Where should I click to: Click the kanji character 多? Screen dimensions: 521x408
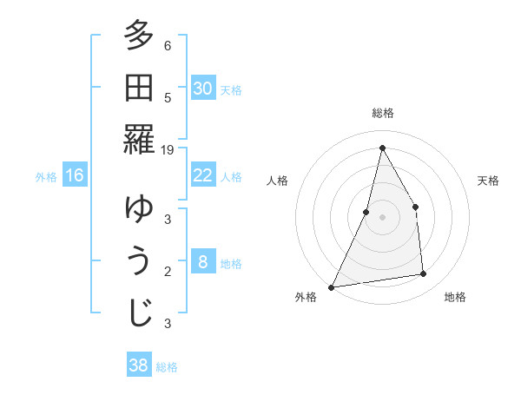[139, 37]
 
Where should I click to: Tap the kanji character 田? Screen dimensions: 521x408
[139, 88]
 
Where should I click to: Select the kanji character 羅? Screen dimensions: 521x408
[139, 139]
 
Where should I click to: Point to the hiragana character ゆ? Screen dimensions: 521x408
[139, 209]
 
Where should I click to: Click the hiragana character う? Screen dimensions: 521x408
[139, 260]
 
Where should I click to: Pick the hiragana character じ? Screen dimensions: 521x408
[139, 313]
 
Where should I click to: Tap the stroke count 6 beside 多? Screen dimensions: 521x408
[168, 46]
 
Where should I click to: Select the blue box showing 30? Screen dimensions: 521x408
[202, 89]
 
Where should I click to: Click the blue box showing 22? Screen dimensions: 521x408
[202, 175]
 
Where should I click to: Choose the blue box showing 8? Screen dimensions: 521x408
[202, 262]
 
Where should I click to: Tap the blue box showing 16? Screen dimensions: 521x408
[75, 176]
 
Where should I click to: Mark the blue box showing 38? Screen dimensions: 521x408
[138, 365]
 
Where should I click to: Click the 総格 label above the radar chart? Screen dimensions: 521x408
[382, 113]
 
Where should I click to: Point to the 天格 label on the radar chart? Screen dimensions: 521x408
[488, 181]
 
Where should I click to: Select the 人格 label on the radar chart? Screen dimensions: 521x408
[277, 181]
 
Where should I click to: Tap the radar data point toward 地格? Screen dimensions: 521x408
[424, 274]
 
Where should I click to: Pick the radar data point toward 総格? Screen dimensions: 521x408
[382, 148]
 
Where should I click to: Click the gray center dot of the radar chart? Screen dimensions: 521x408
[382, 216]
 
